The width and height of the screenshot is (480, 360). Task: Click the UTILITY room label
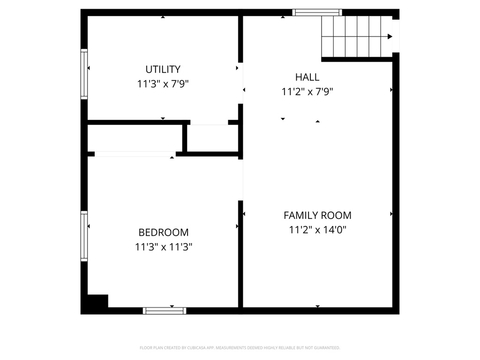pyautogui.click(x=163, y=69)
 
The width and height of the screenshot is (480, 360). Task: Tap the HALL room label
pyautogui.click(x=307, y=77)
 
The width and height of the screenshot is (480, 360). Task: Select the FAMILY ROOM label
pyautogui.click(x=317, y=215)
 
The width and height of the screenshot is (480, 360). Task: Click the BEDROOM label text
pyautogui.click(x=163, y=232)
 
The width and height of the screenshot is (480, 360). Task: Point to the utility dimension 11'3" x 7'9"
pyautogui.click(x=163, y=84)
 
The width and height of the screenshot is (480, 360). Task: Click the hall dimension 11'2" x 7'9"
pyautogui.click(x=307, y=92)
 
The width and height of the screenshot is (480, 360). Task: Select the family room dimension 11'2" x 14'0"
pyautogui.click(x=317, y=230)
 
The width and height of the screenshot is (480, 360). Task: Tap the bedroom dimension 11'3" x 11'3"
pyautogui.click(x=163, y=247)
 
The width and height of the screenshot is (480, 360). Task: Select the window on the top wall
pyautogui.click(x=317, y=13)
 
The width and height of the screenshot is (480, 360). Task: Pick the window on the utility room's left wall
pyautogui.click(x=84, y=74)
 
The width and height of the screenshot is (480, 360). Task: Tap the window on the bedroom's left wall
pyautogui.click(x=84, y=236)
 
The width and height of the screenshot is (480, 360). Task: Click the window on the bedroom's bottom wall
pyautogui.click(x=165, y=310)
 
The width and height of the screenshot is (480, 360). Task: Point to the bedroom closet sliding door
pyautogui.click(x=135, y=154)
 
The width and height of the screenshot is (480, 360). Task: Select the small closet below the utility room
pyautogui.click(x=212, y=138)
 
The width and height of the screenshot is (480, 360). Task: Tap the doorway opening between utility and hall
pyautogui.click(x=241, y=83)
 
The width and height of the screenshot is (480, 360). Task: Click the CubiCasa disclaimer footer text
pyautogui.click(x=240, y=348)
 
